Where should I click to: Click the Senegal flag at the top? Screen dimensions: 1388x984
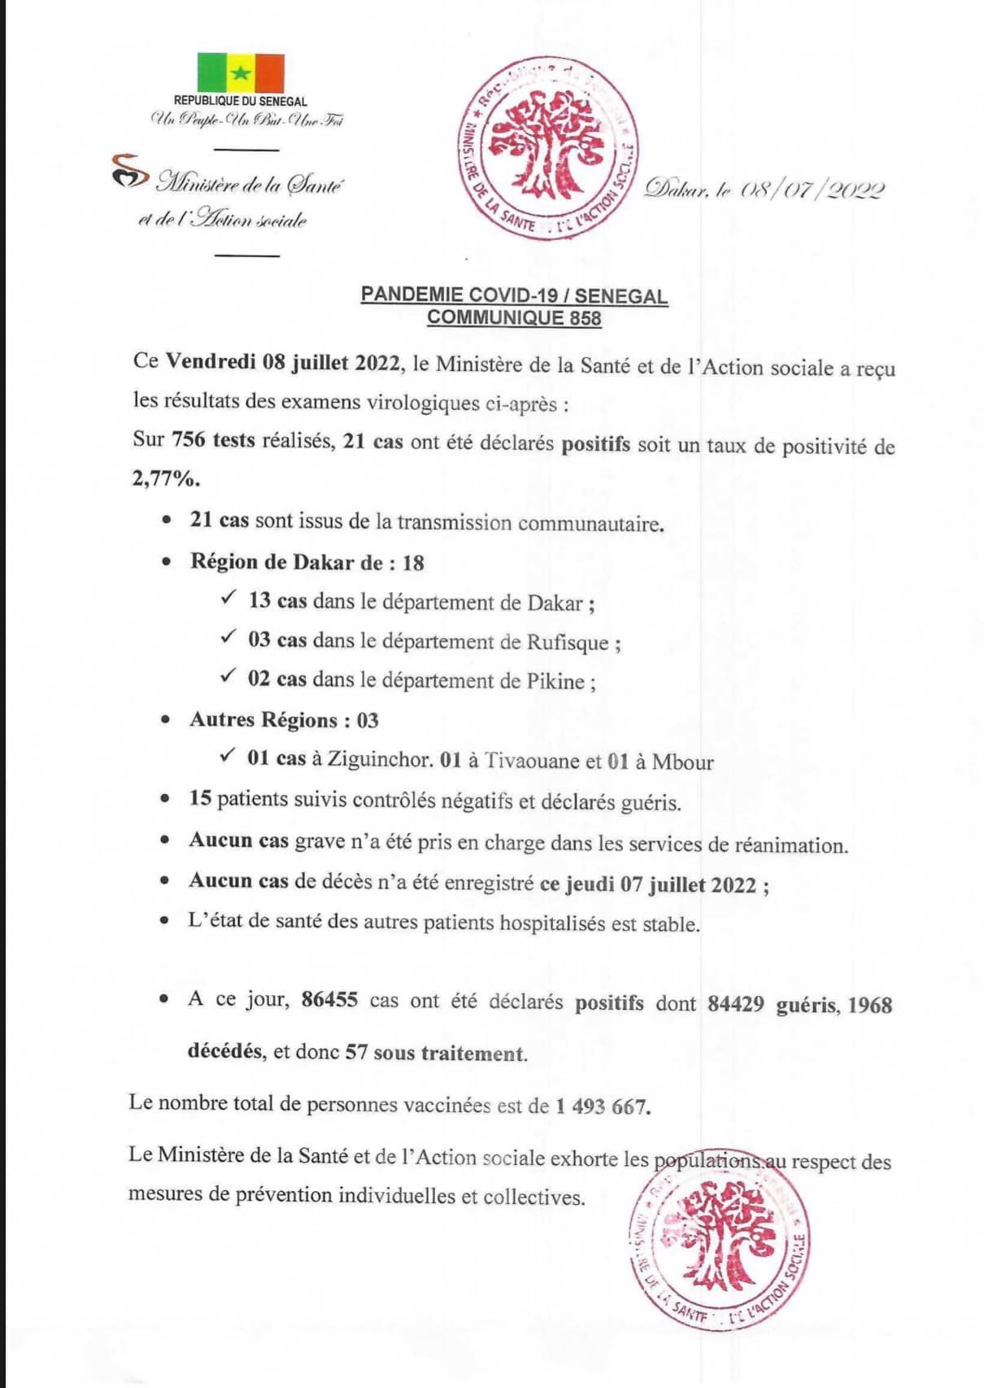pyautogui.click(x=241, y=72)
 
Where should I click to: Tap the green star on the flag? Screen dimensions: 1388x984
pyautogui.click(x=241, y=73)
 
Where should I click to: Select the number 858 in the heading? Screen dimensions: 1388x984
pyautogui.click(x=586, y=317)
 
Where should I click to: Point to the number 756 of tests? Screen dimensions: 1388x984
pyautogui.click(x=189, y=440)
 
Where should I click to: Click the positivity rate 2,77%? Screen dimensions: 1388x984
pyautogui.click(x=166, y=478)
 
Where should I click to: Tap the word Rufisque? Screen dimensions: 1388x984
pyautogui.click(x=568, y=643)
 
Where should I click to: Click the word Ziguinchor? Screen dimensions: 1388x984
pyautogui.click(x=379, y=760)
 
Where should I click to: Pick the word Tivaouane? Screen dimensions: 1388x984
pyautogui.click(x=532, y=761)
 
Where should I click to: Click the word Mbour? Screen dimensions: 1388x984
pyautogui.click(x=682, y=762)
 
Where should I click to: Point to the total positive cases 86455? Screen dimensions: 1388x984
pyautogui.click(x=329, y=1000)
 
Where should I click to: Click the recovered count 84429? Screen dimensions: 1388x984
pyautogui.click(x=735, y=1004)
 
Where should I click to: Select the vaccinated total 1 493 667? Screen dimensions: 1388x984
pyautogui.click(x=603, y=1106)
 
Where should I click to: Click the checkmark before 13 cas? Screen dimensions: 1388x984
pyautogui.click(x=228, y=599)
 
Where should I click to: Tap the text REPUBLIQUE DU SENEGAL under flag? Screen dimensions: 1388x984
pyautogui.click(x=241, y=102)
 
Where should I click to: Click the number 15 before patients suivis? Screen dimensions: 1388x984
pyautogui.click(x=200, y=798)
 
